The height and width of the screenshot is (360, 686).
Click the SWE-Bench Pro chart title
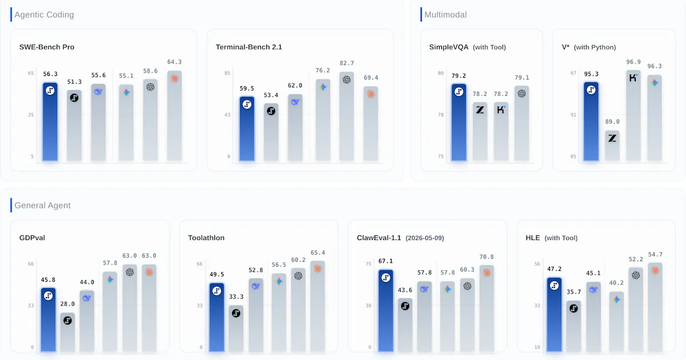click(x=47, y=47)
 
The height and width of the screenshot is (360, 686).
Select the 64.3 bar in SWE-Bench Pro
click(x=174, y=115)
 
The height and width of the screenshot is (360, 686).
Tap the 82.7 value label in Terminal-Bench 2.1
click(x=346, y=63)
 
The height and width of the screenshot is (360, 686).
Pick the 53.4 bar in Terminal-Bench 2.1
click(x=271, y=132)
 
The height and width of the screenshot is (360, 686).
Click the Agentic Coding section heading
click(x=44, y=15)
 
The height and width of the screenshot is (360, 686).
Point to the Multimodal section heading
click(x=445, y=15)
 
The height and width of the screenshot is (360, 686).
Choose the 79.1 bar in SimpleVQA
click(x=522, y=123)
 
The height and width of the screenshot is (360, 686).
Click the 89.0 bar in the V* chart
click(x=612, y=146)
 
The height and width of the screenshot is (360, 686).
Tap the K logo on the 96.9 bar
click(x=633, y=78)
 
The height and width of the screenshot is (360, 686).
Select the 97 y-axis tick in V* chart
click(x=573, y=73)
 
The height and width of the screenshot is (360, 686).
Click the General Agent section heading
click(x=42, y=205)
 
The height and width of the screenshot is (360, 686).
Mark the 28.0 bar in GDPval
click(x=67, y=332)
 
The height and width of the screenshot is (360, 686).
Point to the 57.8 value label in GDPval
click(x=110, y=263)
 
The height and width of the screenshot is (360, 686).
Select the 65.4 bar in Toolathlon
click(x=318, y=306)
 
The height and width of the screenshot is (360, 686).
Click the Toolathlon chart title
click(x=206, y=238)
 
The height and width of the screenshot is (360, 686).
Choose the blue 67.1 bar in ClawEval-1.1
click(x=385, y=310)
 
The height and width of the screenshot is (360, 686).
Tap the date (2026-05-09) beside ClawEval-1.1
click(x=425, y=238)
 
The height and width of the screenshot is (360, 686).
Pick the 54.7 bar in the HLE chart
click(x=655, y=307)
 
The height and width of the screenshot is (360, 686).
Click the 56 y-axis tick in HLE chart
click(x=537, y=264)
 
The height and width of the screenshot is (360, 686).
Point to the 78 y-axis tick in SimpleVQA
click(x=441, y=115)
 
